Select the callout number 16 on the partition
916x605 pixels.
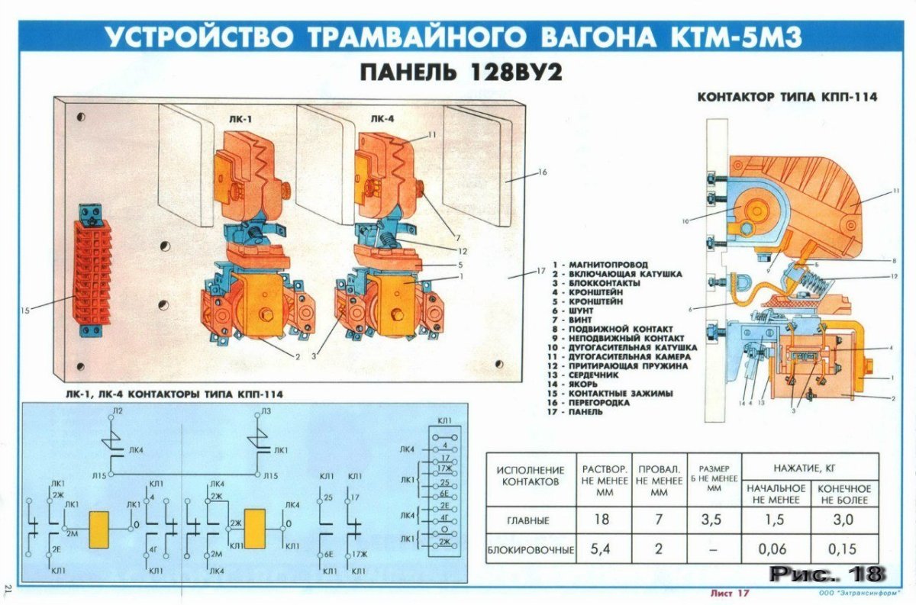(541, 172)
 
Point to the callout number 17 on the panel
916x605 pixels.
(540, 271)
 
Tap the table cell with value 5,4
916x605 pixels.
(605, 549)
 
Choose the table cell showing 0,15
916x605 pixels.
(843, 549)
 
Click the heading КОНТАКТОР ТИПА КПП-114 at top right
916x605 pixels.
(787, 97)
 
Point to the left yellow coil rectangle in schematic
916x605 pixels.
(100, 527)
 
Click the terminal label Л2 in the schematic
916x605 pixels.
(118, 411)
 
